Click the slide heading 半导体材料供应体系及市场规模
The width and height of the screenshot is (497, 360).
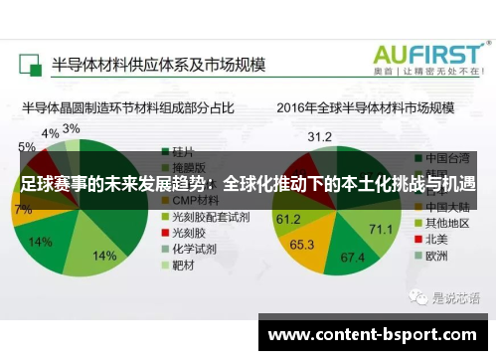coord(160,64)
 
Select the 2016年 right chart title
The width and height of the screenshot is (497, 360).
coord(365,107)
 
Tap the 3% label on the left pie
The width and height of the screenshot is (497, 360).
coord(72,128)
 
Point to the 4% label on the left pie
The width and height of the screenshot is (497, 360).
coord(50,133)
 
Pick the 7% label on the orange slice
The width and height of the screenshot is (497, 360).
coord(23,210)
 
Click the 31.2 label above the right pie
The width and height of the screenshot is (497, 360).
coord(319,135)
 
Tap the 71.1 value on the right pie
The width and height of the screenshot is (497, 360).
coord(381,230)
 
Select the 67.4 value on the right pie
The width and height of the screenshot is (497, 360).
coord(353,258)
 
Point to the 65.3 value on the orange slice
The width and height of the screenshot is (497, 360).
coord(302,244)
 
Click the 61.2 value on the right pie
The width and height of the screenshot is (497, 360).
coord(288,219)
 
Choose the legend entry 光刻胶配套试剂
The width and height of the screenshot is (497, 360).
coord(210,215)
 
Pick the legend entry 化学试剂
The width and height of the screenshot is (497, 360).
coord(198,249)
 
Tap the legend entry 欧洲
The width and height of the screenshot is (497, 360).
coord(436,255)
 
